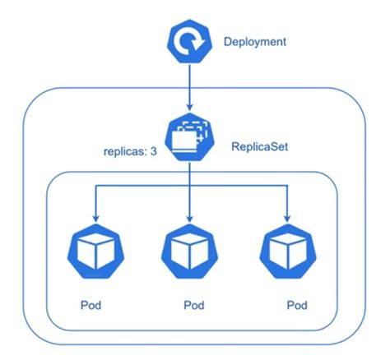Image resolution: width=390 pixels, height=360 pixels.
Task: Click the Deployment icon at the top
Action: coord(191,42)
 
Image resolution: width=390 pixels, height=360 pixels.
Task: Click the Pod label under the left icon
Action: coord(91,304)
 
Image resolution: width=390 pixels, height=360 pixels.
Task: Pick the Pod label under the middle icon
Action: coord(193,305)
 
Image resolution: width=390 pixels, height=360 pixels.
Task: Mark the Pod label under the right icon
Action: coord(297,305)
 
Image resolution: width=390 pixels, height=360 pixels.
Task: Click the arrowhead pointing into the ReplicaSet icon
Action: coord(190,108)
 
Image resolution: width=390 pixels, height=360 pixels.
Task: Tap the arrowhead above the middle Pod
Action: coord(190,218)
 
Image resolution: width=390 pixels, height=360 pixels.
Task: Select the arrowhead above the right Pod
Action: coord(287,218)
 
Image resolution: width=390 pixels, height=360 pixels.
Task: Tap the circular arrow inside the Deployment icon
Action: coord(191,42)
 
